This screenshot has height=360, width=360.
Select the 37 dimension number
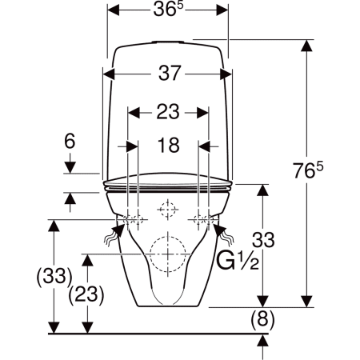(x=170, y=73)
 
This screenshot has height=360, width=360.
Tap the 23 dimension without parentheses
(x=168, y=112)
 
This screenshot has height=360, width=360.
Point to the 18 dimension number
(x=168, y=146)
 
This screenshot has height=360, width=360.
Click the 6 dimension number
(x=70, y=142)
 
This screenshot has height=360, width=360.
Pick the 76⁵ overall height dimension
(x=308, y=170)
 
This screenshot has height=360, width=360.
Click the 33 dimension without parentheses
(x=263, y=239)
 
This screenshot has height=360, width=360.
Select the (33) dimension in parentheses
(x=54, y=276)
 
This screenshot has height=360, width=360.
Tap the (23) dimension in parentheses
(x=86, y=294)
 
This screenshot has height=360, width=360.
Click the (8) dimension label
(x=262, y=318)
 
